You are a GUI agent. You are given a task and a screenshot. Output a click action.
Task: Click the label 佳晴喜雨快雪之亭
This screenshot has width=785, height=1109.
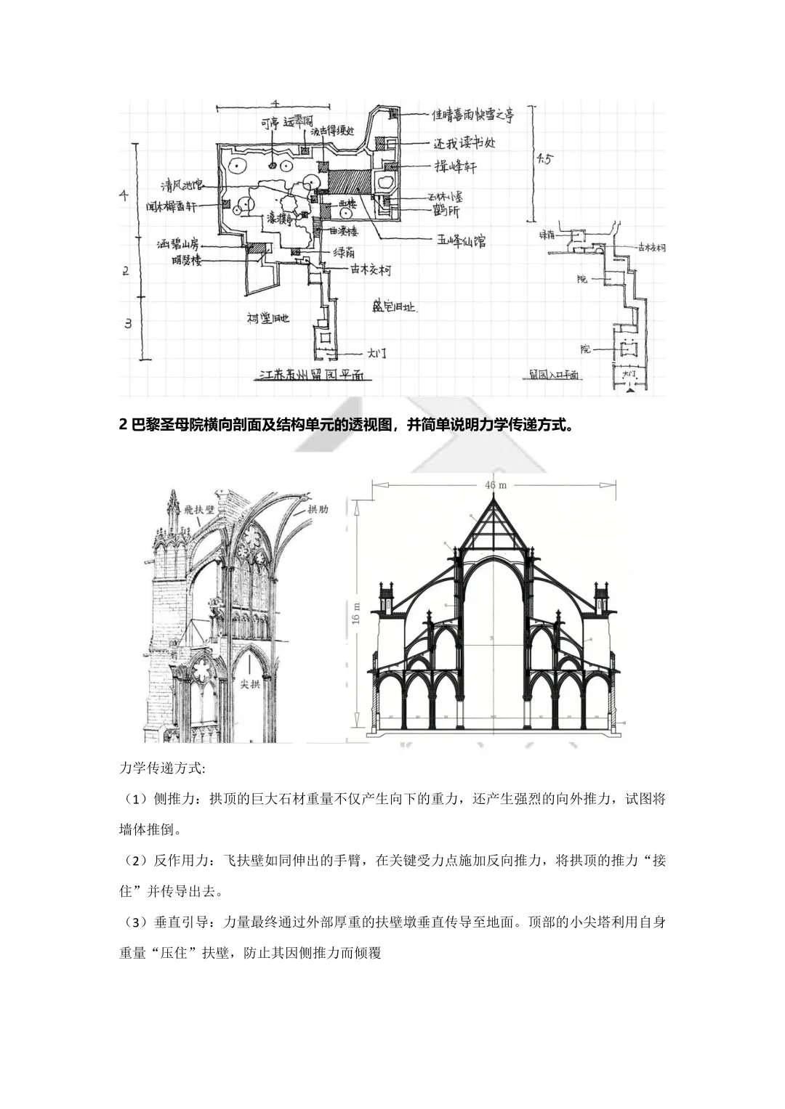(x=473, y=115)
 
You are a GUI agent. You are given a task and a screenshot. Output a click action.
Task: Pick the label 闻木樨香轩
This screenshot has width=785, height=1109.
(x=171, y=207)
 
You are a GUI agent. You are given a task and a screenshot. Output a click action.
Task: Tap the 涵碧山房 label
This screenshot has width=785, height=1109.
(x=178, y=244)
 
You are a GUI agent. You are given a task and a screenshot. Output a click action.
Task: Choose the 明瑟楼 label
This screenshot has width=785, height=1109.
(x=187, y=261)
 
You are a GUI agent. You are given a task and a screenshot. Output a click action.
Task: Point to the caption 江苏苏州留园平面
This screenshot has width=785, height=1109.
(x=312, y=377)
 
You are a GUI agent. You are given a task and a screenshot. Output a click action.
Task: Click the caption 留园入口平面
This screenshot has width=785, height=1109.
(x=553, y=376)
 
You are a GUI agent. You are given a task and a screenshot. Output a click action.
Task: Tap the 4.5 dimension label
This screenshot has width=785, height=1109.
(x=544, y=160)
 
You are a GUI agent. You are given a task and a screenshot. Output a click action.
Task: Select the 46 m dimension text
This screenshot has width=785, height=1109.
(x=494, y=484)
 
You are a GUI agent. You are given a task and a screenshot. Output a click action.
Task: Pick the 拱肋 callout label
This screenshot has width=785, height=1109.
(x=318, y=509)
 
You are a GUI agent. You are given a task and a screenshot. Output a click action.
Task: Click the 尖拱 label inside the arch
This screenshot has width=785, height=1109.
(x=250, y=684)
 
